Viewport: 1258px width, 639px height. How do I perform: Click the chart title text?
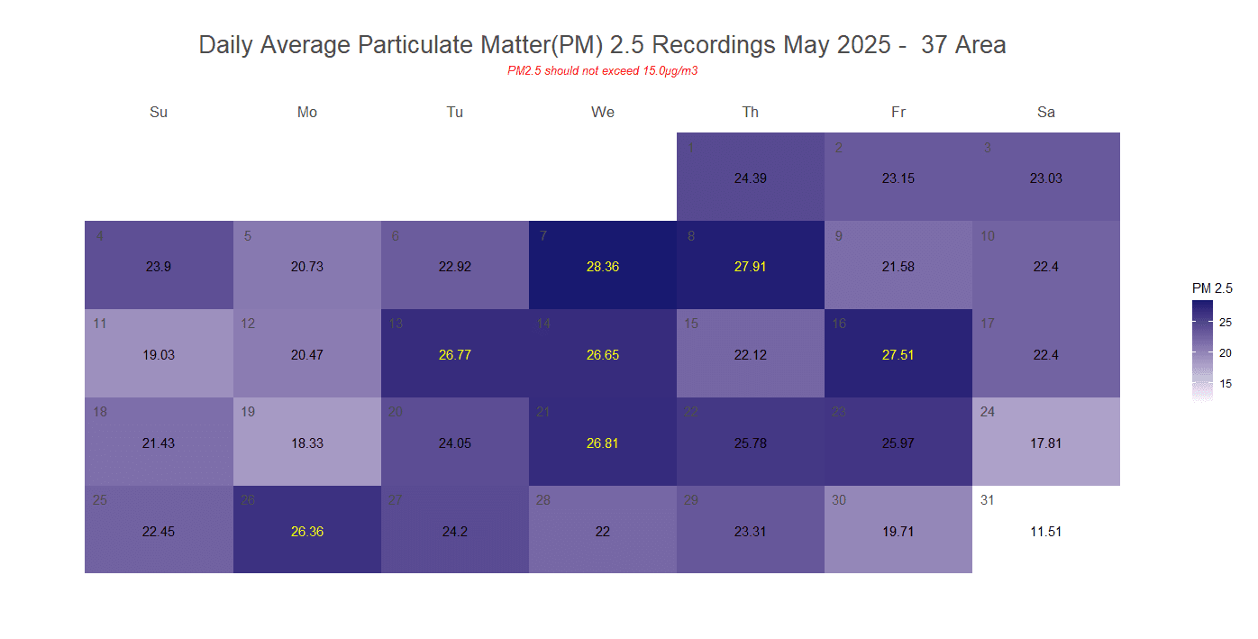tap(602, 45)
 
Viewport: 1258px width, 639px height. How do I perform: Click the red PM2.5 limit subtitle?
tap(602, 71)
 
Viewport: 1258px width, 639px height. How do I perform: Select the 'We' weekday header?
tap(603, 113)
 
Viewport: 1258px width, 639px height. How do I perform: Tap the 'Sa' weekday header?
tap(1045, 113)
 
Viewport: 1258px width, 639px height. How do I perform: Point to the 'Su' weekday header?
tap(159, 113)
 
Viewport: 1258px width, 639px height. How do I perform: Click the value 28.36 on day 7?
tap(603, 267)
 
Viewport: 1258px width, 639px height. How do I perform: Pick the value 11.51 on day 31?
tap(1045, 532)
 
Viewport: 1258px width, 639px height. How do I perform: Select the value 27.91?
tap(751, 267)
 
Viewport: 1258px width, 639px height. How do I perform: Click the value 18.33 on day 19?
tap(307, 443)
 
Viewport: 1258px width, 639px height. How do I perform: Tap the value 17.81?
tap(1045, 443)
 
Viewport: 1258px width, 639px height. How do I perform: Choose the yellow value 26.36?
tap(307, 532)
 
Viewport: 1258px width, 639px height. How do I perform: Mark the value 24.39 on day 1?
tap(751, 178)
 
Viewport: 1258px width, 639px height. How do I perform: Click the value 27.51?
tap(898, 355)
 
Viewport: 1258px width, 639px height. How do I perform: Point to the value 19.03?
tap(159, 355)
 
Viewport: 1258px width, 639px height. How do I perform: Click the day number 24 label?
tap(988, 412)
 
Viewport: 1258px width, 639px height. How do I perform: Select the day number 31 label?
tap(988, 500)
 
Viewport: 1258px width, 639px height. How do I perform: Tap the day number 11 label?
tap(100, 324)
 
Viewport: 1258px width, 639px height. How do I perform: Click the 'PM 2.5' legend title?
tap(1212, 288)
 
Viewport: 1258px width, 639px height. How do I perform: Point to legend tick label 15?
tap(1226, 384)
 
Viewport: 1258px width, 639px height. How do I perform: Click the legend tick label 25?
tap(1226, 322)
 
